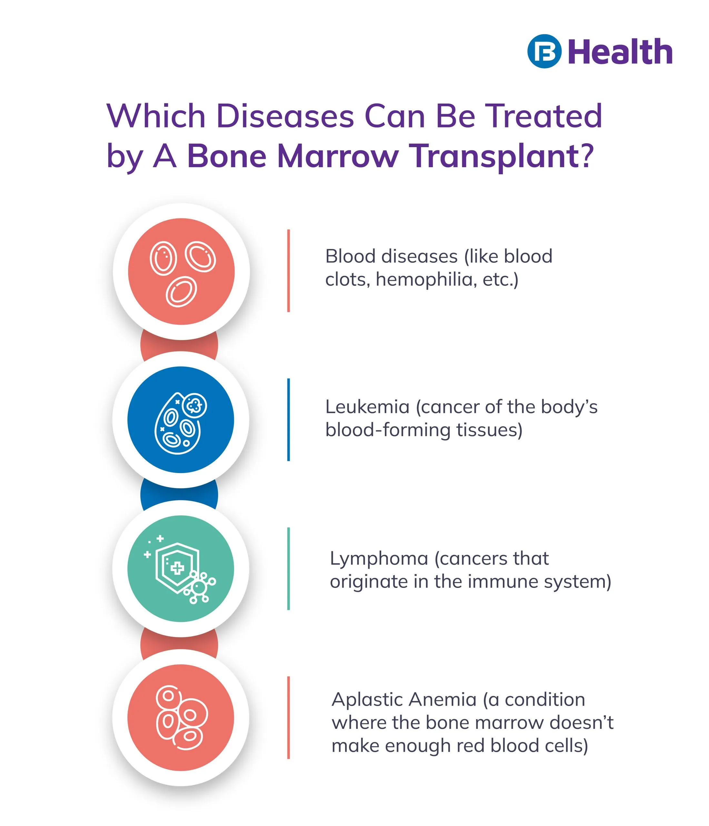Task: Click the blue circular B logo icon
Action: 544,51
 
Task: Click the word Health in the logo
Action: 621,52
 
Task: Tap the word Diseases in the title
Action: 285,116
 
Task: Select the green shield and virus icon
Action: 179,569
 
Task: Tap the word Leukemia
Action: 367,407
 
